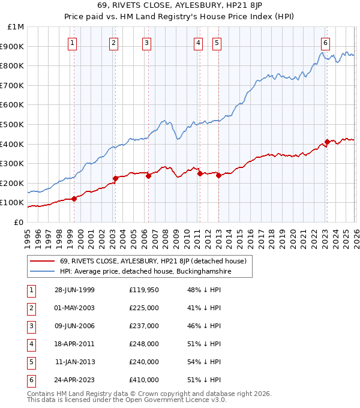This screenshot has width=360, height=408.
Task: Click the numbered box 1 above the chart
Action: click(x=73, y=43)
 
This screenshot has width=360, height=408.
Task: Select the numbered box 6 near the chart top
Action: click(x=325, y=43)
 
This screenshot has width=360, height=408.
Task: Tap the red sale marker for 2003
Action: click(x=115, y=178)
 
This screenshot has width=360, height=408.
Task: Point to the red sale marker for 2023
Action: click(x=328, y=142)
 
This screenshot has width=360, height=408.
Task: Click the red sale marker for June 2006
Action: click(x=148, y=176)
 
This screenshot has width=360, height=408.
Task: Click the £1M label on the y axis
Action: click(x=16, y=27)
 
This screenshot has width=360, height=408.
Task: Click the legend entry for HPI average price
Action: click(x=145, y=272)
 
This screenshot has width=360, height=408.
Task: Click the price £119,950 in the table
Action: click(x=145, y=290)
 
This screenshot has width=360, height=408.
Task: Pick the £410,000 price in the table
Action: click(x=144, y=380)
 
